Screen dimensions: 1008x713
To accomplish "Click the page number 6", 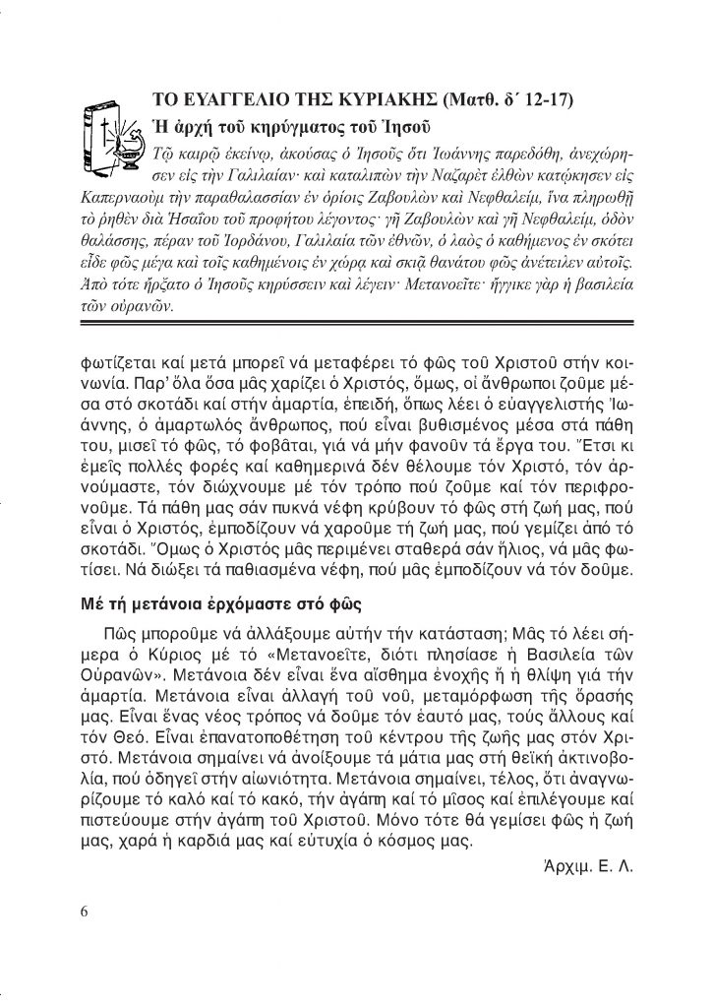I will click(x=85, y=910).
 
